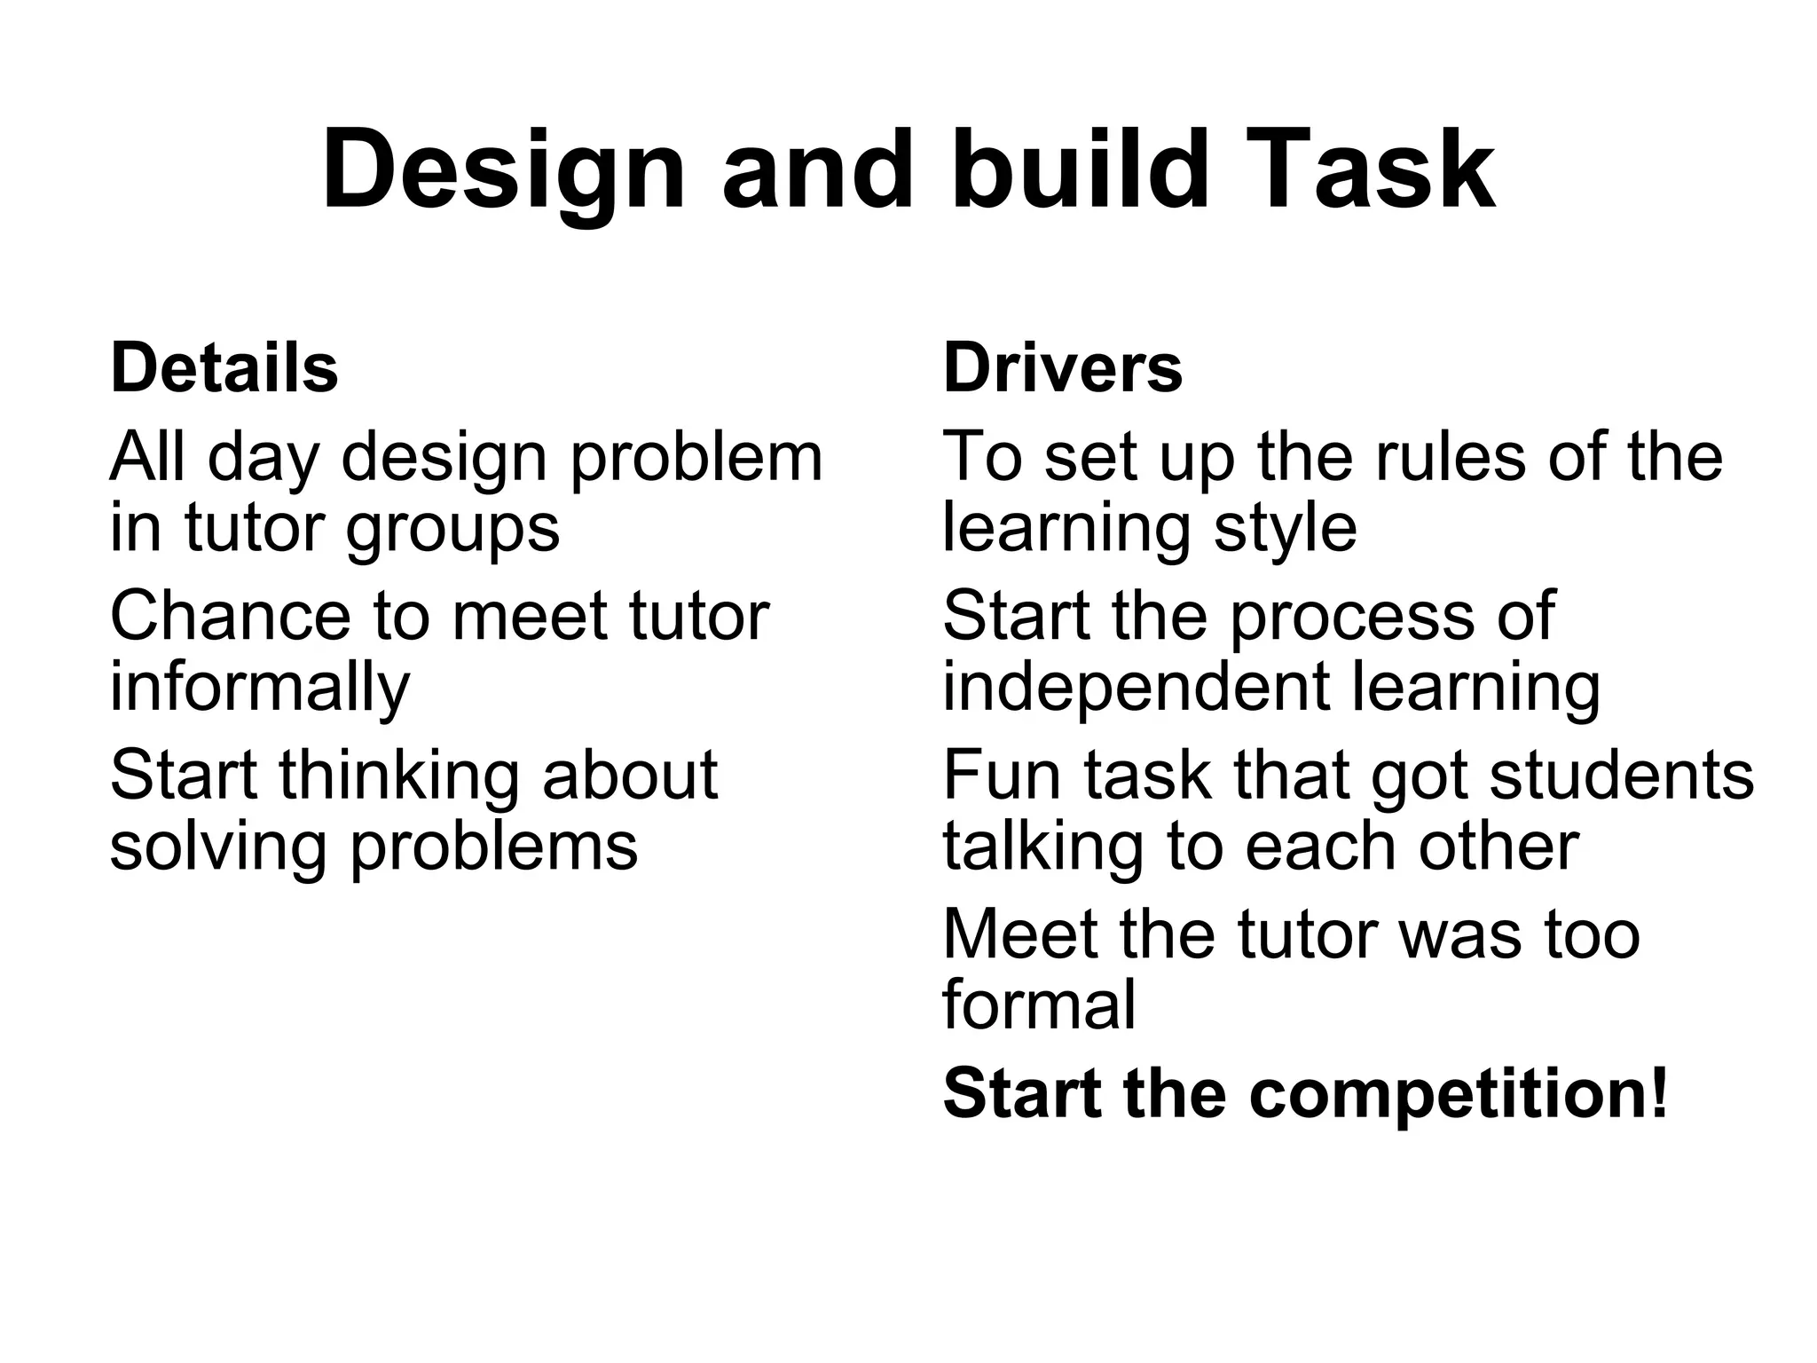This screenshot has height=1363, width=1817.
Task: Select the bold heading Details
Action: coord(224,367)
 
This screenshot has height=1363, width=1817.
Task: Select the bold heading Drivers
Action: coord(1062,367)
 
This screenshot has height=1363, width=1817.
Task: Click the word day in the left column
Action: coord(263,458)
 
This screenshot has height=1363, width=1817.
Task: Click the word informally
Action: coord(260,688)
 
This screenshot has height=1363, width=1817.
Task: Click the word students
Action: coord(1622,775)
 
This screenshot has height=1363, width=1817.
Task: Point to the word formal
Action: coord(1039,1005)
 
